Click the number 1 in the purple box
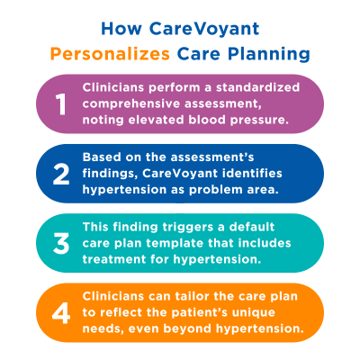pos(61,105)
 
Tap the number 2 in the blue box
pos(61,174)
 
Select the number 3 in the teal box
pos(61,243)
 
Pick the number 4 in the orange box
pos(60,311)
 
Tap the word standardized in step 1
pos(256,88)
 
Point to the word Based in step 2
pos(102,157)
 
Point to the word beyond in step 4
pos(208,328)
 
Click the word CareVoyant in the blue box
pos(193,173)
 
